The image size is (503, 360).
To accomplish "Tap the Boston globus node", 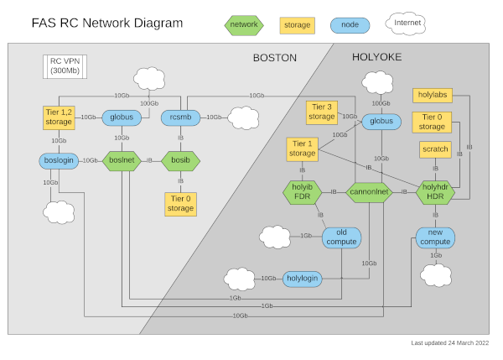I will [x=122, y=117].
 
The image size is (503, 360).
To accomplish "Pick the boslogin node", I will [x=58, y=159].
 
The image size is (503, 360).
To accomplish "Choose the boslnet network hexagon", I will [x=122, y=159].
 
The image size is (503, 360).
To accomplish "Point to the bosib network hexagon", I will [x=180, y=159].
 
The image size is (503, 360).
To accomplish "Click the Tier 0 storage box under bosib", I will [x=180, y=203].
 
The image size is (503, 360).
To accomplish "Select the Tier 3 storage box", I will [x=322, y=112].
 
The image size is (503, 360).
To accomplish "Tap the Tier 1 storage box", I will [x=302, y=149].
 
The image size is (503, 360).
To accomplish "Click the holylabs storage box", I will [x=433, y=95].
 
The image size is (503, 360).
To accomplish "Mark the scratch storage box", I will [x=435, y=149].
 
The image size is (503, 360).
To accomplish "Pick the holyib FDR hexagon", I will [x=302, y=192].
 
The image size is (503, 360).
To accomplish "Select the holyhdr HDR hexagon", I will [x=434, y=192].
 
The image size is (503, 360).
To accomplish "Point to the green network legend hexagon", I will [x=243, y=25].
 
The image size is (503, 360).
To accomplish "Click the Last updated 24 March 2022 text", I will [x=450, y=343].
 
